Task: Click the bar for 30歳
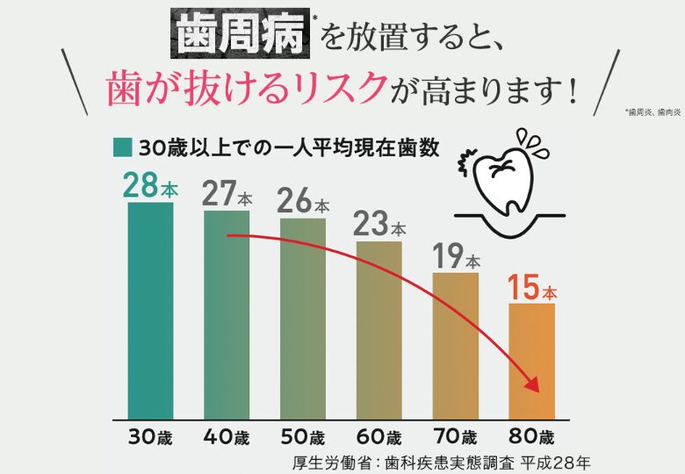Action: [x=150, y=311]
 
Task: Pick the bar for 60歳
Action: [x=379, y=330]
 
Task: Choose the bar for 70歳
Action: [x=456, y=346]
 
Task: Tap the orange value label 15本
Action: [x=532, y=288]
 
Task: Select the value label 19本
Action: [x=456, y=256]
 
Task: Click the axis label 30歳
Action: [x=150, y=436]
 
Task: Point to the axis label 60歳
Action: [x=379, y=436]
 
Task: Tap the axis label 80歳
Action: [x=532, y=436]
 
